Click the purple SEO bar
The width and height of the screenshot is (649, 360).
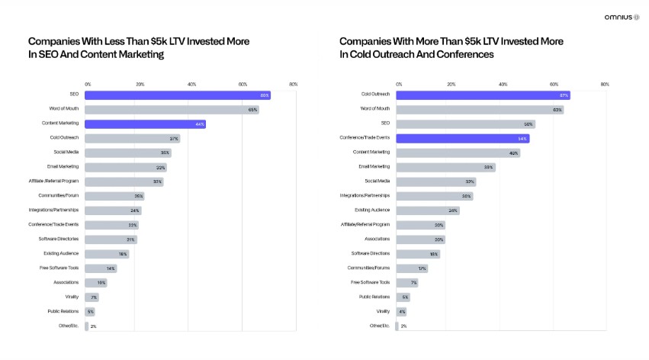pyautogui.click(x=177, y=95)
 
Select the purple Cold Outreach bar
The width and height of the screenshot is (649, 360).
pyautogui.click(x=482, y=95)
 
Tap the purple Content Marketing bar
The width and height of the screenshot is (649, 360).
pyautogui.click(x=145, y=124)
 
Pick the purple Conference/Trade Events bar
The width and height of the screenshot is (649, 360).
pyautogui.click(x=462, y=138)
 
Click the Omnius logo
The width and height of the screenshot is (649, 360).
pyautogui.click(x=621, y=17)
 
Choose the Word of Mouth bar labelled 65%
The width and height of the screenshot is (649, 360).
pyautogui.click(x=172, y=110)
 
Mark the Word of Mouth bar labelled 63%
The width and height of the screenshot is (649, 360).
pyautogui.click(x=479, y=110)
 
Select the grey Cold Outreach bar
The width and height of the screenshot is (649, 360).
pyautogui.click(x=132, y=138)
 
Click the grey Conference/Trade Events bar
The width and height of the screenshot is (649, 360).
pyautogui.click(x=111, y=225)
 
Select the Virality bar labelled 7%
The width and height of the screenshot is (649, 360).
pyautogui.click(x=92, y=297)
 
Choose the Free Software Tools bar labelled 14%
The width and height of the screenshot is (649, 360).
pyautogui.click(x=101, y=268)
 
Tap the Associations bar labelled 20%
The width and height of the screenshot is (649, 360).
pyautogui.click(x=420, y=239)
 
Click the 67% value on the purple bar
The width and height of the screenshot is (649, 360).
pyautogui.click(x=564, y=95)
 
